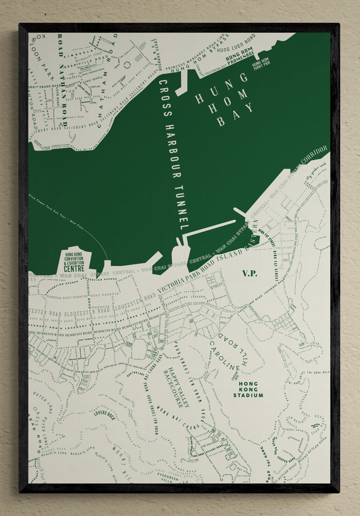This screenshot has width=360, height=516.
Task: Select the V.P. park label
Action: [x=249, y=274]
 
